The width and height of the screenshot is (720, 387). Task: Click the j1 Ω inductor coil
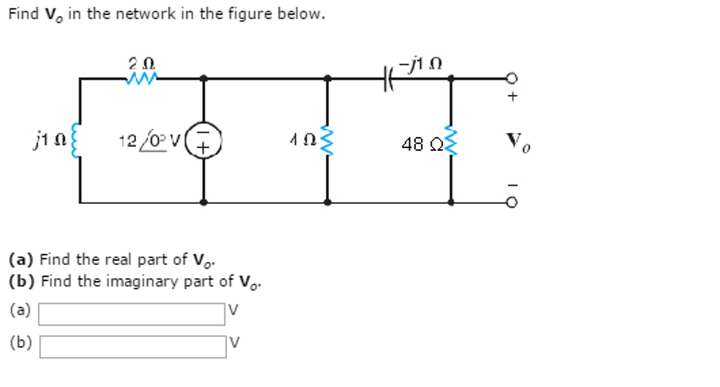point(75,140)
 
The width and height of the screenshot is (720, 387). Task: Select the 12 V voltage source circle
point(203,140)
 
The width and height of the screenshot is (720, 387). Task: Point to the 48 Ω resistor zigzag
point(451,141)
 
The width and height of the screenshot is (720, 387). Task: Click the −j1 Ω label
point(420,64)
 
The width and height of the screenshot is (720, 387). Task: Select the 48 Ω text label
point(422,144)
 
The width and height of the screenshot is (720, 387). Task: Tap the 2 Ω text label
point(141,64)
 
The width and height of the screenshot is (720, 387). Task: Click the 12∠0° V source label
point(150,141)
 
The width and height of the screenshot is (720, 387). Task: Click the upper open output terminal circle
point(512,78)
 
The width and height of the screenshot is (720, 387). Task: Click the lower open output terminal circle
point(512,202)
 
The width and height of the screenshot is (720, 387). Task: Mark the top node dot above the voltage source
point(203,78)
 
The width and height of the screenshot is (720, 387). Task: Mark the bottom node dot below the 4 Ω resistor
point(327,202)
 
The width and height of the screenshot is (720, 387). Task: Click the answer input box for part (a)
point(132,314)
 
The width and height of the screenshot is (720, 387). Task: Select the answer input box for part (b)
point(133,347)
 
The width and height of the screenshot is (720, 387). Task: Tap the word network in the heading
point(145,14)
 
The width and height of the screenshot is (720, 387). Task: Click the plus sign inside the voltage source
point(203,148)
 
